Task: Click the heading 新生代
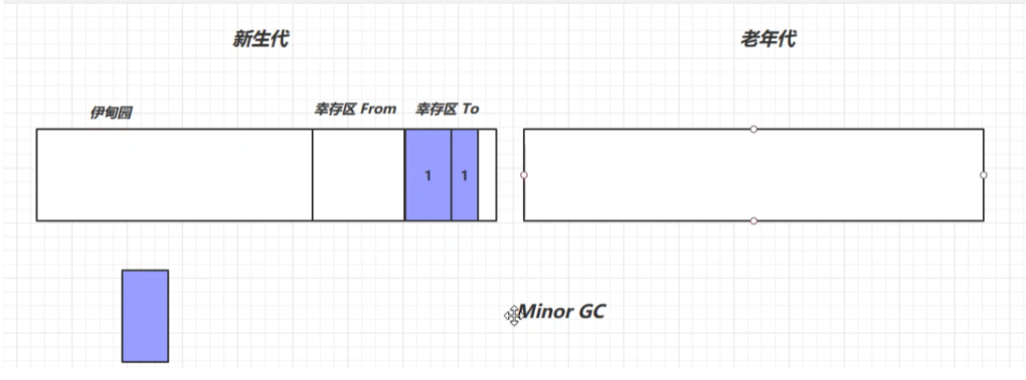tap(260, 39)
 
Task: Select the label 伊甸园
tap(111, 112)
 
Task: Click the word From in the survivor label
tap(378, 109)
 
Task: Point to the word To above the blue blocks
tap(469, 109)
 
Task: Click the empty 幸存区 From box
tap(358, 175)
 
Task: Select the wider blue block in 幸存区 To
tap(428, 175)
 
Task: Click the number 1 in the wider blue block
tap(428, 176)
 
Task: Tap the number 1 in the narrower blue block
tap(464, 176)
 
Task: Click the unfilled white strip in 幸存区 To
tap(488, 175)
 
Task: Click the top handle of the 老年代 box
tap(754, 129)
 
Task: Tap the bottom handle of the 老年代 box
tap(754, 221)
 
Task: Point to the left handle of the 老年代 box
tap(524, 175)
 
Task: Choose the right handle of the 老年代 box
tap(984, 175)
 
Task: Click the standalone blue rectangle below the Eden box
tap(145, 316)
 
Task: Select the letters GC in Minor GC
tap(592, 311)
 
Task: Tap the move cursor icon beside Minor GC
tap(513, 316)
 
